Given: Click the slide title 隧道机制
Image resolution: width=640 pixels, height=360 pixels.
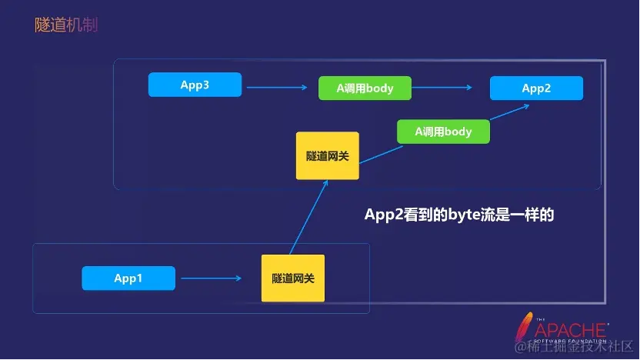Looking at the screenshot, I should [66, 25].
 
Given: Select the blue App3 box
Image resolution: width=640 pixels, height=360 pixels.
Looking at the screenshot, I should [195, 85].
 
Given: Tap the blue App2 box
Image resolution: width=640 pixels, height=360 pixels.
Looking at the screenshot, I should [536, 88].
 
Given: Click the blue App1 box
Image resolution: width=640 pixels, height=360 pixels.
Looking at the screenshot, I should [128, 278].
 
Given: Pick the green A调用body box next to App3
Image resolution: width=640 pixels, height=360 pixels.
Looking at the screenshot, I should [365, 88].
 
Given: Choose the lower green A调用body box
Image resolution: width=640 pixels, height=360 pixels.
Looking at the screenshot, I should [443, 132].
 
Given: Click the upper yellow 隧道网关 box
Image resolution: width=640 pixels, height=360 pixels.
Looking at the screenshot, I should [327, 155].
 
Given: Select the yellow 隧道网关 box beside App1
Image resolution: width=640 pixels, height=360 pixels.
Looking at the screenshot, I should [292, 278].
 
